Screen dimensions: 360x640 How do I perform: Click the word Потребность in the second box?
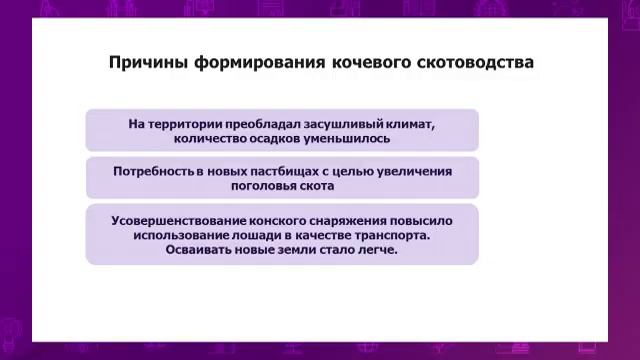[x=154, y=171]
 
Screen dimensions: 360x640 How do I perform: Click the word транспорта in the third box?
[x=397, y=235]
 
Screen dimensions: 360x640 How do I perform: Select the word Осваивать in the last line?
[x=204, y=250]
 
